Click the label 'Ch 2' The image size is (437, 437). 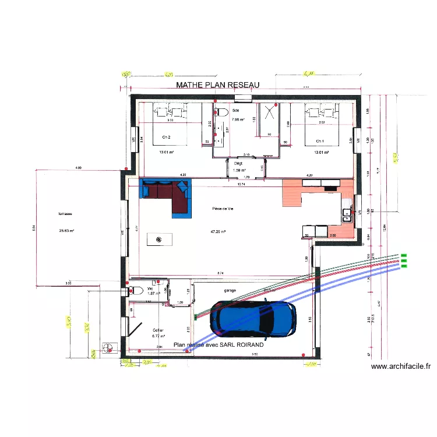(166, 138)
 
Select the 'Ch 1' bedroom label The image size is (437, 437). (320, 141)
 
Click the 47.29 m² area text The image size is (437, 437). (218, 231)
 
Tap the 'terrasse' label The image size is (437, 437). (64, 213)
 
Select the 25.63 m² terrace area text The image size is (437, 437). (66, 231)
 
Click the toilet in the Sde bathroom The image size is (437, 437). (220, 111)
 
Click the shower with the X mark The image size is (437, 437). (269, 112)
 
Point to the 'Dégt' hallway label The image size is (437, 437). (238, 164)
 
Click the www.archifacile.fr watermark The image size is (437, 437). (401, 366)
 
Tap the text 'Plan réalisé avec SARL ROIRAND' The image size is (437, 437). (218, 344)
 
